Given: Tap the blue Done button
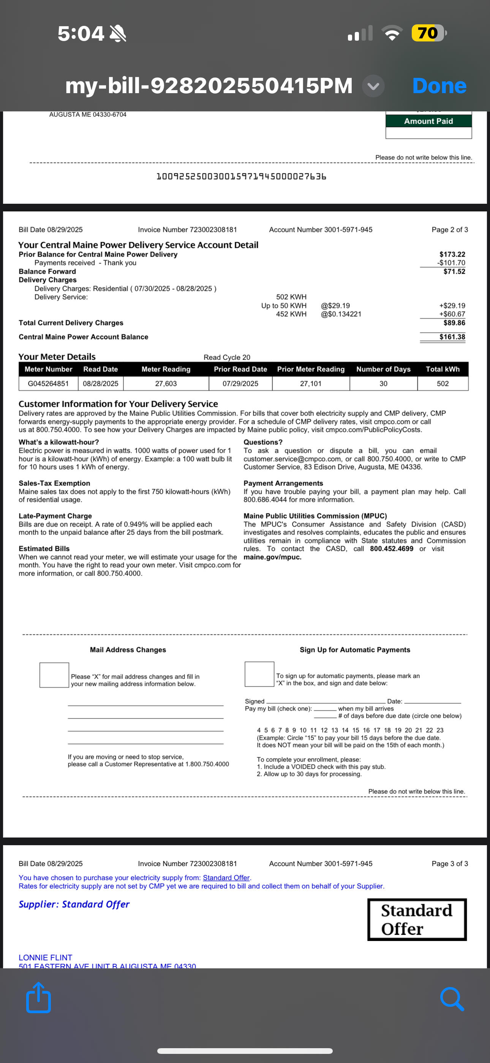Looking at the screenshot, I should pos(439,86).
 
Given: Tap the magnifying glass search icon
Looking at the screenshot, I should pos(452,999).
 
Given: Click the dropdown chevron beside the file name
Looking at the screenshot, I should pos(373,86).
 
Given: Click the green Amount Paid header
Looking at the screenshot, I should pos(428,121).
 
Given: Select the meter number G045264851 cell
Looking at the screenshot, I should pos(48,383).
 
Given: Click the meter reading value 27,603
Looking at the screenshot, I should pos(166,383).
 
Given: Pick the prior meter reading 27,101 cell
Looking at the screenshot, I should pos(311,383).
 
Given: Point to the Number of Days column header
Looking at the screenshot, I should pos(383,369).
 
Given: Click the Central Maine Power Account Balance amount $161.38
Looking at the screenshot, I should pos(452,337).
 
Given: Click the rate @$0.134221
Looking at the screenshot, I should pos(341,314).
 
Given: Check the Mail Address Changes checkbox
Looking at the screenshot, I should pos(54,675).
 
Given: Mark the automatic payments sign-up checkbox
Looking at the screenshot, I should pos(259,674).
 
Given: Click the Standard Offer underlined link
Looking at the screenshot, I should pos(226,878).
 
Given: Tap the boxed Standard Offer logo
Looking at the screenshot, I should pos(417,919).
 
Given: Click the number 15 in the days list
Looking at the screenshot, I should pos(356,730).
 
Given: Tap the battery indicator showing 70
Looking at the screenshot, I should pos(428,33).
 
